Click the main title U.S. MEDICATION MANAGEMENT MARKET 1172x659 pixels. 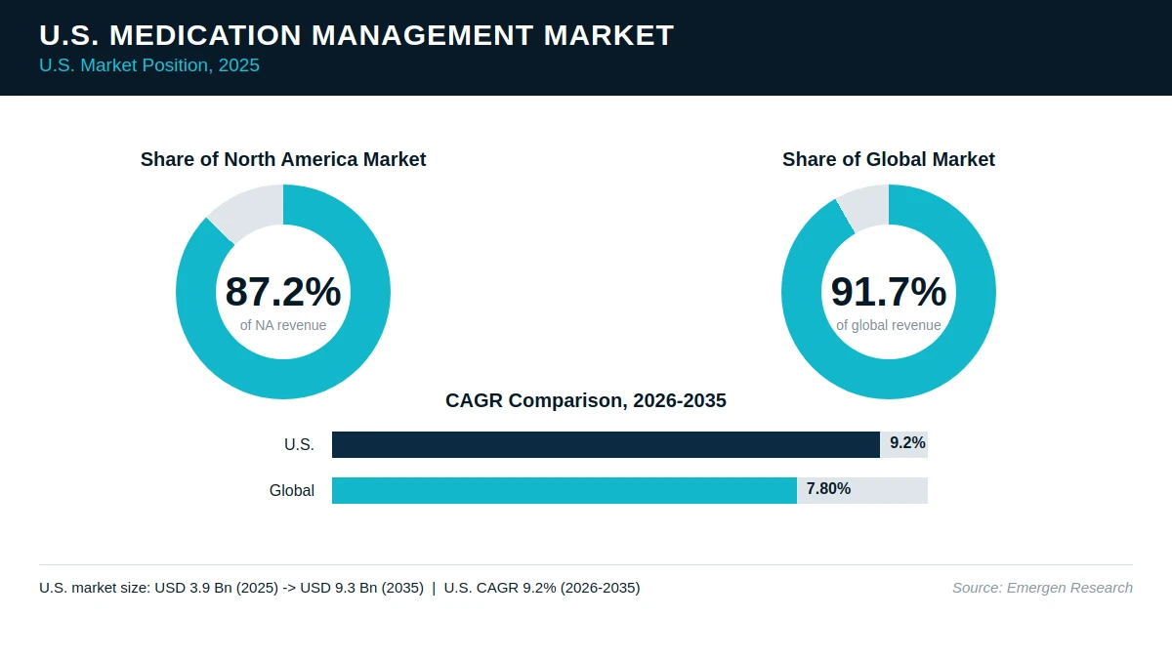click(356, 35)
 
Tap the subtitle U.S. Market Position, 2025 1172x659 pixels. click(149, 65)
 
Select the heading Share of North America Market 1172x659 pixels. click(283, 159)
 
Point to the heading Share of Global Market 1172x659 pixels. click(889, 159)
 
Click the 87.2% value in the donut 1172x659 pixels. click(283, 291)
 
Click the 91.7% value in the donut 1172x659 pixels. click(889, 291)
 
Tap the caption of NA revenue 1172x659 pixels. click(283, 325)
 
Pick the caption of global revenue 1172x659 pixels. click(889, 325)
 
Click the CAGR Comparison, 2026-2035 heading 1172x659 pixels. click(585, 400)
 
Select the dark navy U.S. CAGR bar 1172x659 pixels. click(606, 444)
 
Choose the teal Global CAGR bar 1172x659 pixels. click(565, 490)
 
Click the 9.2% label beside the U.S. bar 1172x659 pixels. click(907, 443)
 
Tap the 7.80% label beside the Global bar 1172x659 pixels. click(828, 488)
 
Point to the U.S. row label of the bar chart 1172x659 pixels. click(299, 444)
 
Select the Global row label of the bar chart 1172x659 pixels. click(292, 490)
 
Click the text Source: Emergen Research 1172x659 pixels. click(1042, 588)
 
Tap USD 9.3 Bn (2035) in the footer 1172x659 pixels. click(361, 588)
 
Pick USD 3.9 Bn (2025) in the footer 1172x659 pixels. click(216, 588)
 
